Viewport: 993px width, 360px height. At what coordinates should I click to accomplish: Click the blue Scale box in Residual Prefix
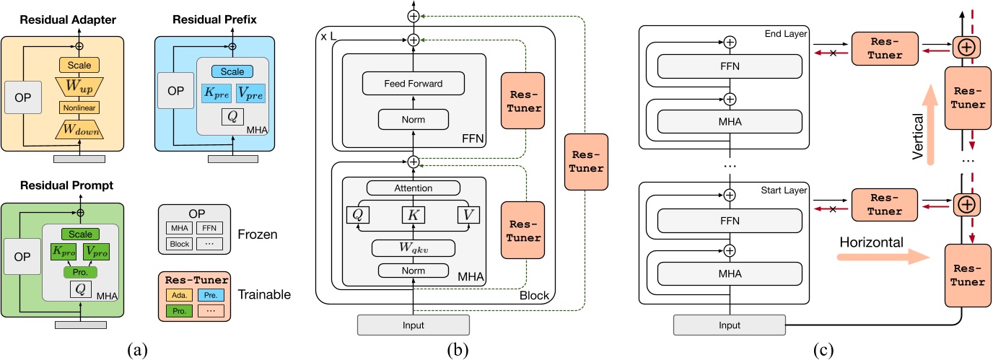[232, 71]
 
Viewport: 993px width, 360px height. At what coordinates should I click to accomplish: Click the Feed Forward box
[413, 83]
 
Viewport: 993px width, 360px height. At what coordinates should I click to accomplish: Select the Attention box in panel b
[413, 188]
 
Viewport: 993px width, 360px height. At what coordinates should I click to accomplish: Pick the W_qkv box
[413, 249]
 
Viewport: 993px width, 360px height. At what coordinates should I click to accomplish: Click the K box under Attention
[413, 215]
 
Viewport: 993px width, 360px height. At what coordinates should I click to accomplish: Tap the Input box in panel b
[413, 325]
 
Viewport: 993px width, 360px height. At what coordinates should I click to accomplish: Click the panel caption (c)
[824, 350]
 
